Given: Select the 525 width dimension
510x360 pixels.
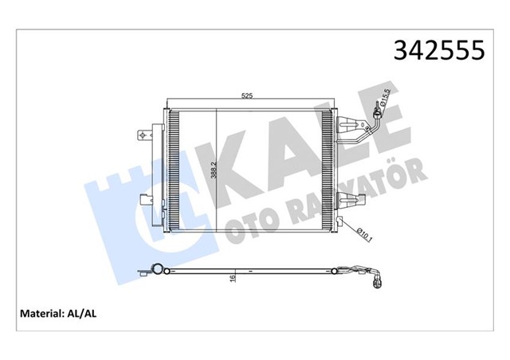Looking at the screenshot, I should tap(247, 96).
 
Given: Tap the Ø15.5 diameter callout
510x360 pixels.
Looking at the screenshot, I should tap(385, 100).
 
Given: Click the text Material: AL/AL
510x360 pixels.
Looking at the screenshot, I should tap(69, 313).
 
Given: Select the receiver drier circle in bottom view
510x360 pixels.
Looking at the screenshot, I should tap(159, 270).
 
